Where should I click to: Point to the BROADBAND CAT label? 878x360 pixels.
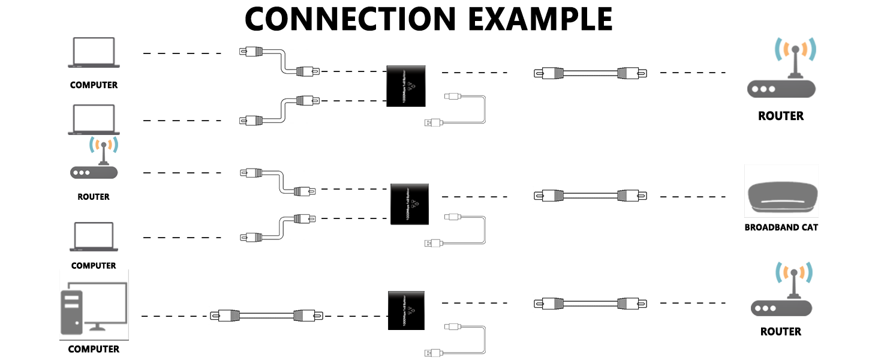coord(781,227)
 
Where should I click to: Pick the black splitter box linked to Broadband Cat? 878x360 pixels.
coord(410,204)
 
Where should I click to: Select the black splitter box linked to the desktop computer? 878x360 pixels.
coord(406,310)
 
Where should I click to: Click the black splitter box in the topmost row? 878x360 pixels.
coord(405,86)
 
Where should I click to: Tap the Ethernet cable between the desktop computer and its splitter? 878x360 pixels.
coord(266,315)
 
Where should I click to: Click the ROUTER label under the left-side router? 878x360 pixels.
coord(94,197)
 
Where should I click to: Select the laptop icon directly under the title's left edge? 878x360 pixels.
coord(94,53)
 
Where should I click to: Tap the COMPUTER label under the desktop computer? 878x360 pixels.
coord(94,349)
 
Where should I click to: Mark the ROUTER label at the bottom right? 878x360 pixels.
coord(780,331)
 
